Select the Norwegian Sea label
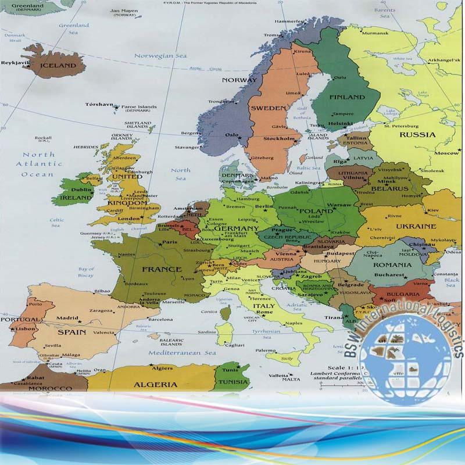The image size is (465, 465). (x=160, y=56)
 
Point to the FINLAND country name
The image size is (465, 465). (x=347, y=97)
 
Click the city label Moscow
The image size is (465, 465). (x=447, y=153)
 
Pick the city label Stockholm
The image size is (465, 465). (x=277, y=139)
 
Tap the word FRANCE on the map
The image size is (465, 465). (x=162, y=269)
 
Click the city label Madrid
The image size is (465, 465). (x=67, y=318)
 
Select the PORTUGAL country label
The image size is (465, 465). (x=20, y=320)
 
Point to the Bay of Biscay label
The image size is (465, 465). (x=86, y=272)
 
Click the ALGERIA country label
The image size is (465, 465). (x=156, y=384)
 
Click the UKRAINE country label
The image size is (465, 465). (x=416, y=226)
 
